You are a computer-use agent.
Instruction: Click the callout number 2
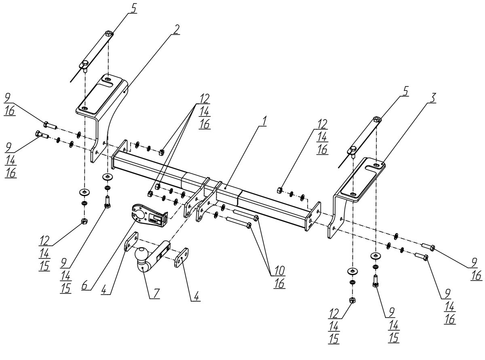pyautogui.click(x=175, y=29)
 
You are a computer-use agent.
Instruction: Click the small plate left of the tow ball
pyautogui.click(x=131, y=242)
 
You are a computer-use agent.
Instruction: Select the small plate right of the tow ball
pyautogui.click(x=181, y=257)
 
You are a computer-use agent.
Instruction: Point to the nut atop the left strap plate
pyautogui.click(x=108, y=33)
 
